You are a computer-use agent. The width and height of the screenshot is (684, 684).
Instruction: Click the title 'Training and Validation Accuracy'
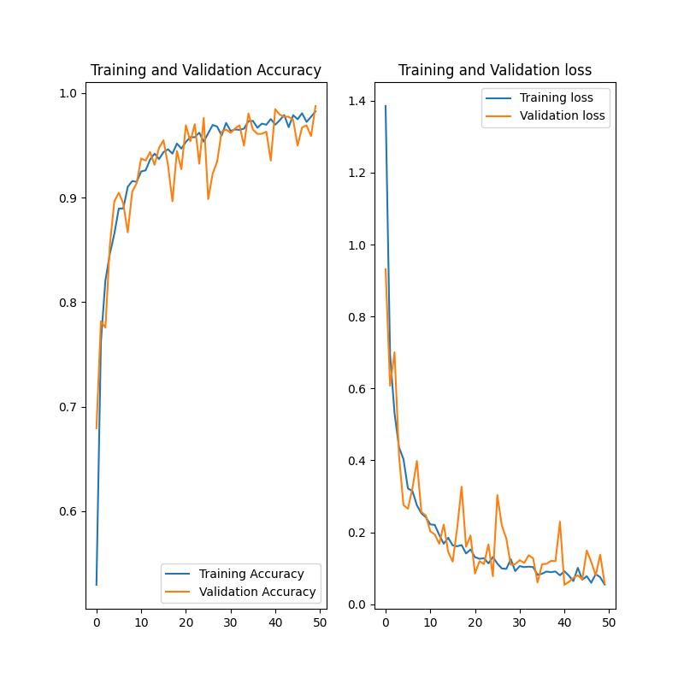206,71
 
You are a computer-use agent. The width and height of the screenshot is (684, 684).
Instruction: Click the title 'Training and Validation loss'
495,71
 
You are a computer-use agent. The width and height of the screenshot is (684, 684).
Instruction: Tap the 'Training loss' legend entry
556,97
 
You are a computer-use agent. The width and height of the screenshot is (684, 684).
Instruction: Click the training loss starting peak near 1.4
386,106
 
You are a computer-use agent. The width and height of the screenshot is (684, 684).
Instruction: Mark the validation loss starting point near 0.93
386,269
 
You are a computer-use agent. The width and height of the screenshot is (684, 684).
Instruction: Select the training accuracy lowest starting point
97,585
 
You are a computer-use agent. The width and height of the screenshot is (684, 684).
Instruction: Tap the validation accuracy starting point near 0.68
97,427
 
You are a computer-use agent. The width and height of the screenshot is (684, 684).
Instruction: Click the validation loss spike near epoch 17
462,486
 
